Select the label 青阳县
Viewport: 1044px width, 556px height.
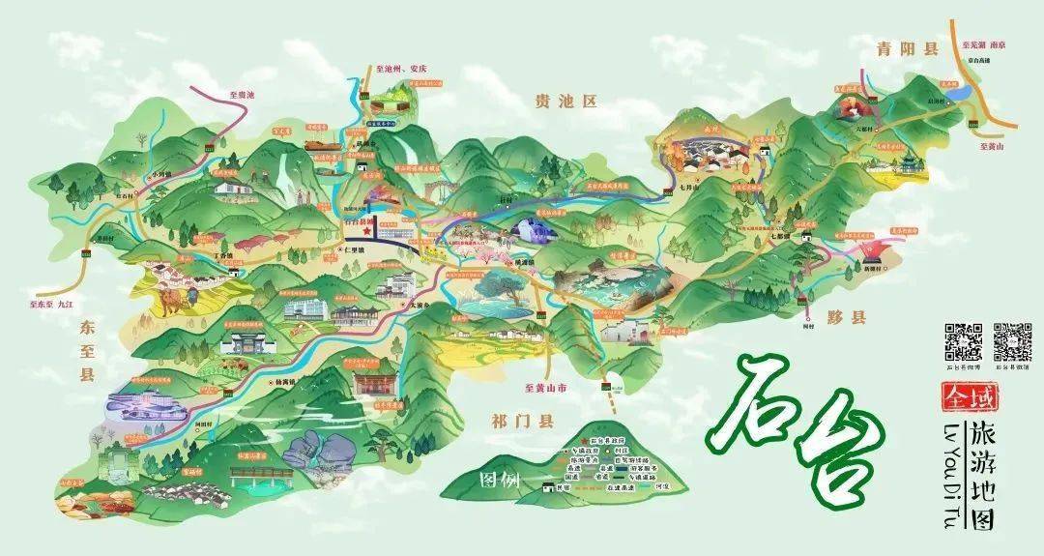click(894, 48)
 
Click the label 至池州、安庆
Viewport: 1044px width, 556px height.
click(395, 69)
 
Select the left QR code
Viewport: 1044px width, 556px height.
click(963, 341)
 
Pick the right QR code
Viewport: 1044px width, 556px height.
click(1012, 341)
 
